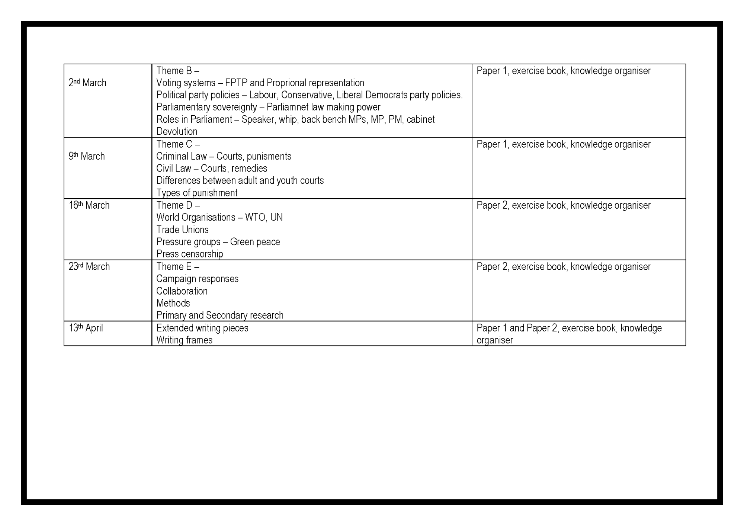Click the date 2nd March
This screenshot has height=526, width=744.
87,83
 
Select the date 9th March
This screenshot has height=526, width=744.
87,156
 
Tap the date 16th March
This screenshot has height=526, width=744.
89,205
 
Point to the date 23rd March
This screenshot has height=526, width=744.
89,267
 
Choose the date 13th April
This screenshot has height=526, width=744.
86,328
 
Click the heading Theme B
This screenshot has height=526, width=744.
177,71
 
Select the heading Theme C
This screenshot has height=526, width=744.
178,144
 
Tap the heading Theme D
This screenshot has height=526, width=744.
178,205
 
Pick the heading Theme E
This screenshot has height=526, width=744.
177,267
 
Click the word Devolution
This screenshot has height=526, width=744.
177,131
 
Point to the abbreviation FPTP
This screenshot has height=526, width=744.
236,83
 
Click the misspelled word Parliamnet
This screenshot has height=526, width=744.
286,107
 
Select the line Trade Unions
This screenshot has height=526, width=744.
182,230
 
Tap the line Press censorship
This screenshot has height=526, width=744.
190,254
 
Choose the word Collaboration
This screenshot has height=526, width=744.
182,291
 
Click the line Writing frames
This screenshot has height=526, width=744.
184,340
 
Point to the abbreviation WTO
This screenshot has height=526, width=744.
255,217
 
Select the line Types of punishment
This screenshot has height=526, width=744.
197,193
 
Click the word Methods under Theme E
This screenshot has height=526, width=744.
173,303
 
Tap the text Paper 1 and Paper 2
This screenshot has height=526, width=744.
517,328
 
